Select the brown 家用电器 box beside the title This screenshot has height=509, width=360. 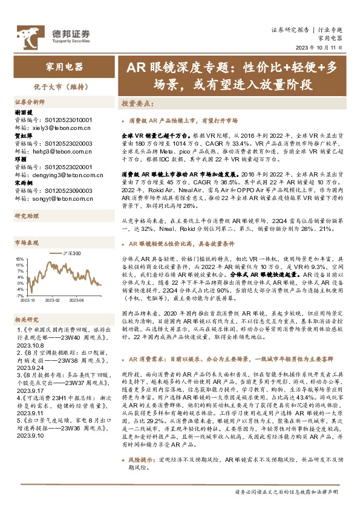tap(65, 68)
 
